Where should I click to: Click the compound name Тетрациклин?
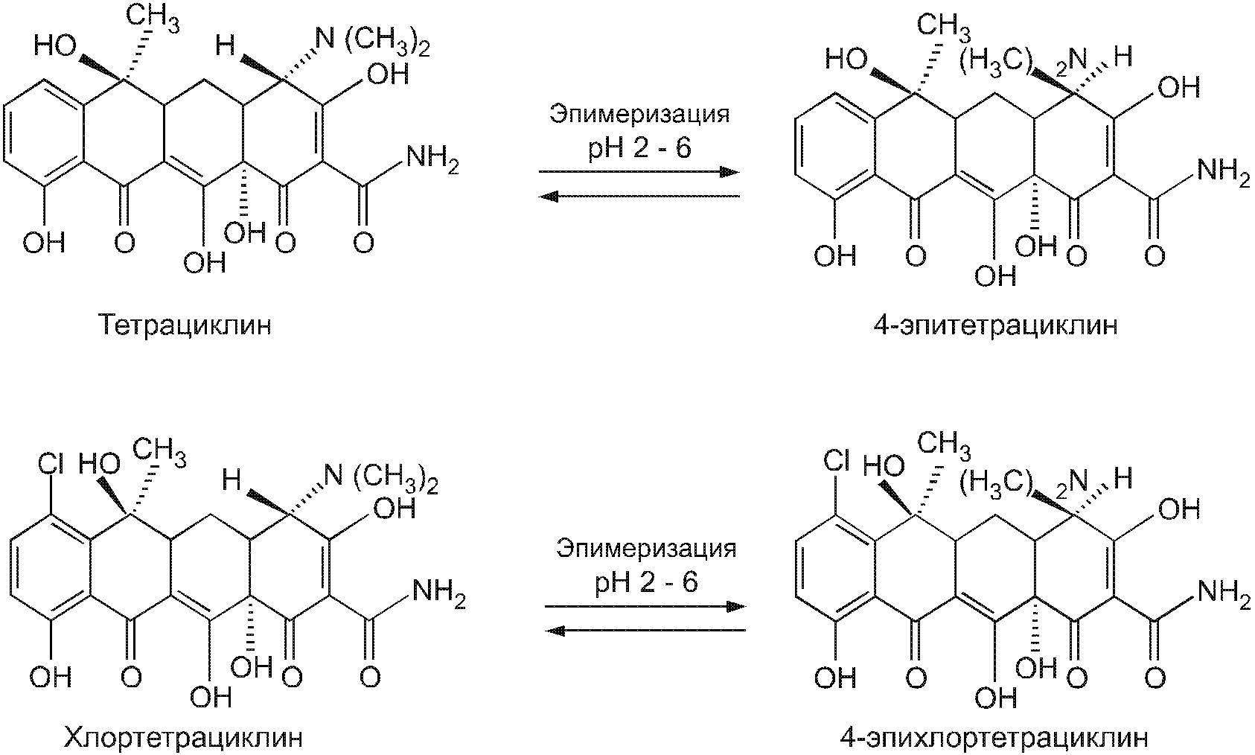(x=184, y=325)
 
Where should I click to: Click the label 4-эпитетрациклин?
(x=996, y=325)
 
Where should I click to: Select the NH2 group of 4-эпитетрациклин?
(x=1222, y=173)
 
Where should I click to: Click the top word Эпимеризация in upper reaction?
(x=639, y=115)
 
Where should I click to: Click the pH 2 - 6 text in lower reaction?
(x=646, y=582)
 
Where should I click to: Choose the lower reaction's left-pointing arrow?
(x=645, y=631)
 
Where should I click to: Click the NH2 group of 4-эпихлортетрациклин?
(x=1222, y=596)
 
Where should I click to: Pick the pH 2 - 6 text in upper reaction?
(x=639, y=147)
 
